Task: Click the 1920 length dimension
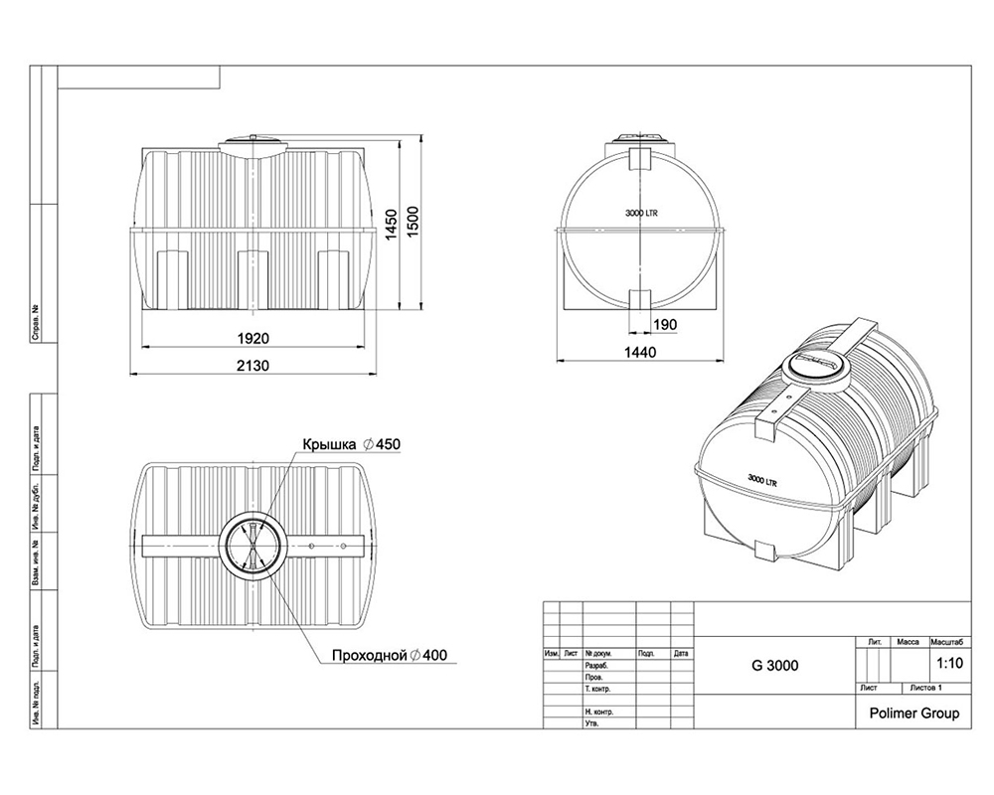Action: (x=253, y=336)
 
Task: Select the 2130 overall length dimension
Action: (x=253, y=365)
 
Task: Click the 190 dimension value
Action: (x=664, y=326)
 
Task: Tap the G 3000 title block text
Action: (x=775, y=665)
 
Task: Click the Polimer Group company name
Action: (x=913, y=713)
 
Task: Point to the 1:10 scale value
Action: (x=949, y=662)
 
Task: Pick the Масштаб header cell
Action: (x=948, y=642)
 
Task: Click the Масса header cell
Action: (x=908, y=642)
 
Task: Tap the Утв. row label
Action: (x=592, y=723)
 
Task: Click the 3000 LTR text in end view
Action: (x=643, y=214)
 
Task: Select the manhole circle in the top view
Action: (x=254, y=547)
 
